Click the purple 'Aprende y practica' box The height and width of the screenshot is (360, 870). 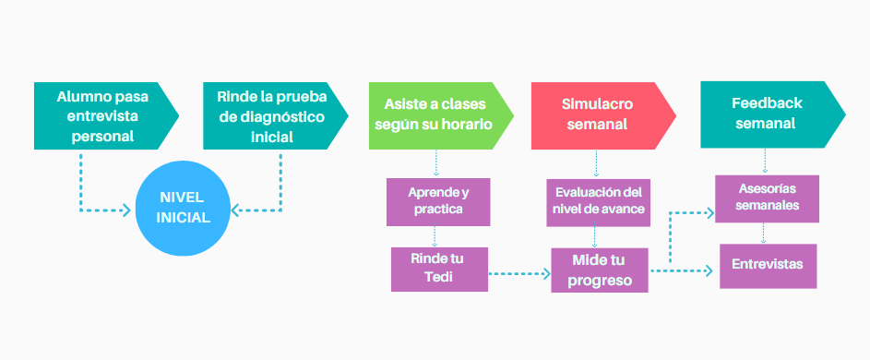[x=437, y=202]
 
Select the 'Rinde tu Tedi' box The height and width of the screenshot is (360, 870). [x=437, y=269]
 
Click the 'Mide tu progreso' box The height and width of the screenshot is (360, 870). [x=600, y=270]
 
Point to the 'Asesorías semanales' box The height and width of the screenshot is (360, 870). [x=768, y=198]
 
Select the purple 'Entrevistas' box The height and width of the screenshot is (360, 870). [x=768, y=265]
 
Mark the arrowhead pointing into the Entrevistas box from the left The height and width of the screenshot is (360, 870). [x=709, y=270]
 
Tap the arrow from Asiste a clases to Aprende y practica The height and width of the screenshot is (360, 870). [x=435, y=163]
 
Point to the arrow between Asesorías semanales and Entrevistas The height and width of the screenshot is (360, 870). [x=766, y=232]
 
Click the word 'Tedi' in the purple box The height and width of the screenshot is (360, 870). [x=437, y=278]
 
